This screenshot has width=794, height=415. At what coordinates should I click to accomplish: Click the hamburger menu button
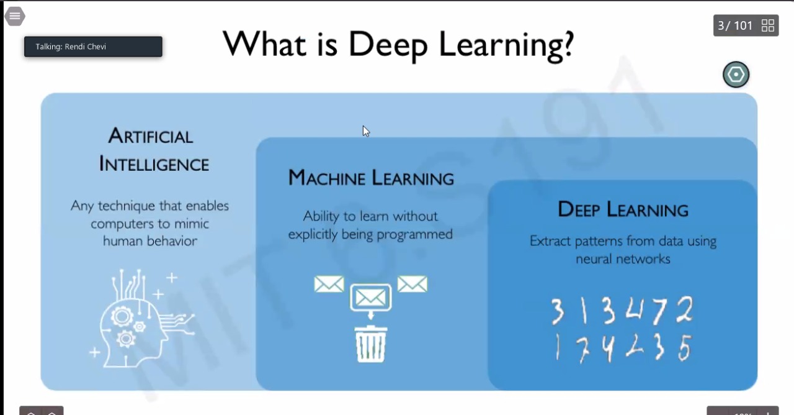[x=15, y=16]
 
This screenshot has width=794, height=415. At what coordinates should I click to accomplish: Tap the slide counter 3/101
[x=735, y=25]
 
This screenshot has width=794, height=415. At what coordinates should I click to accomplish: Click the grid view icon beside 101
[x=768, y=25]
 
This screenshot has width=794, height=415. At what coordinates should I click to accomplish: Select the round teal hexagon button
[x=736, y=75]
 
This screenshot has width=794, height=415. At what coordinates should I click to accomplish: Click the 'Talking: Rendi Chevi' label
[x=71, y=47]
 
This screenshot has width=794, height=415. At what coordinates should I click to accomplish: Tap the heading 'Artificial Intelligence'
[x=154, y=150]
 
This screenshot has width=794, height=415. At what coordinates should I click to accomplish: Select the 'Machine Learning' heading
[x=371, y=178]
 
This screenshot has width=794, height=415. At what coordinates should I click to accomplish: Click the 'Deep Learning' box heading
[x=623, y=209]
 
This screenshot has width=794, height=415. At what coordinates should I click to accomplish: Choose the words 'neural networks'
[x=623, y=259]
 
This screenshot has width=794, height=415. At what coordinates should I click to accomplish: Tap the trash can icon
[x=371, y=344]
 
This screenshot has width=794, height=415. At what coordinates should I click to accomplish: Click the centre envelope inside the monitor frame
[x=371, y=298]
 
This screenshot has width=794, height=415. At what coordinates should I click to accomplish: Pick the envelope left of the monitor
[x=329, y=284]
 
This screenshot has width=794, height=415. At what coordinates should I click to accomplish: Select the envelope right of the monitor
[x=413, y=284]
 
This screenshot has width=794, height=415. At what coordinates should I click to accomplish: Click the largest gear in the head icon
[x=122, y=316]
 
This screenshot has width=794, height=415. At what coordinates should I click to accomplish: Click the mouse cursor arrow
[x=366, y=131]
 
